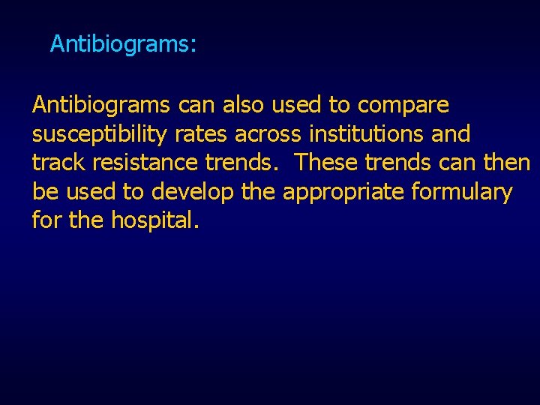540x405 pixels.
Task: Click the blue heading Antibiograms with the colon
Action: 123,45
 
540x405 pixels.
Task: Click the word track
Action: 58,163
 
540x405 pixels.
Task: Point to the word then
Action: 506,163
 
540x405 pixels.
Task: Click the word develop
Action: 192,193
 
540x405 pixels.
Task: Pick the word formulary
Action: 462,193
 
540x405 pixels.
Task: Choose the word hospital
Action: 155,222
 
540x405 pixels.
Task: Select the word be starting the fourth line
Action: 45,192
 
